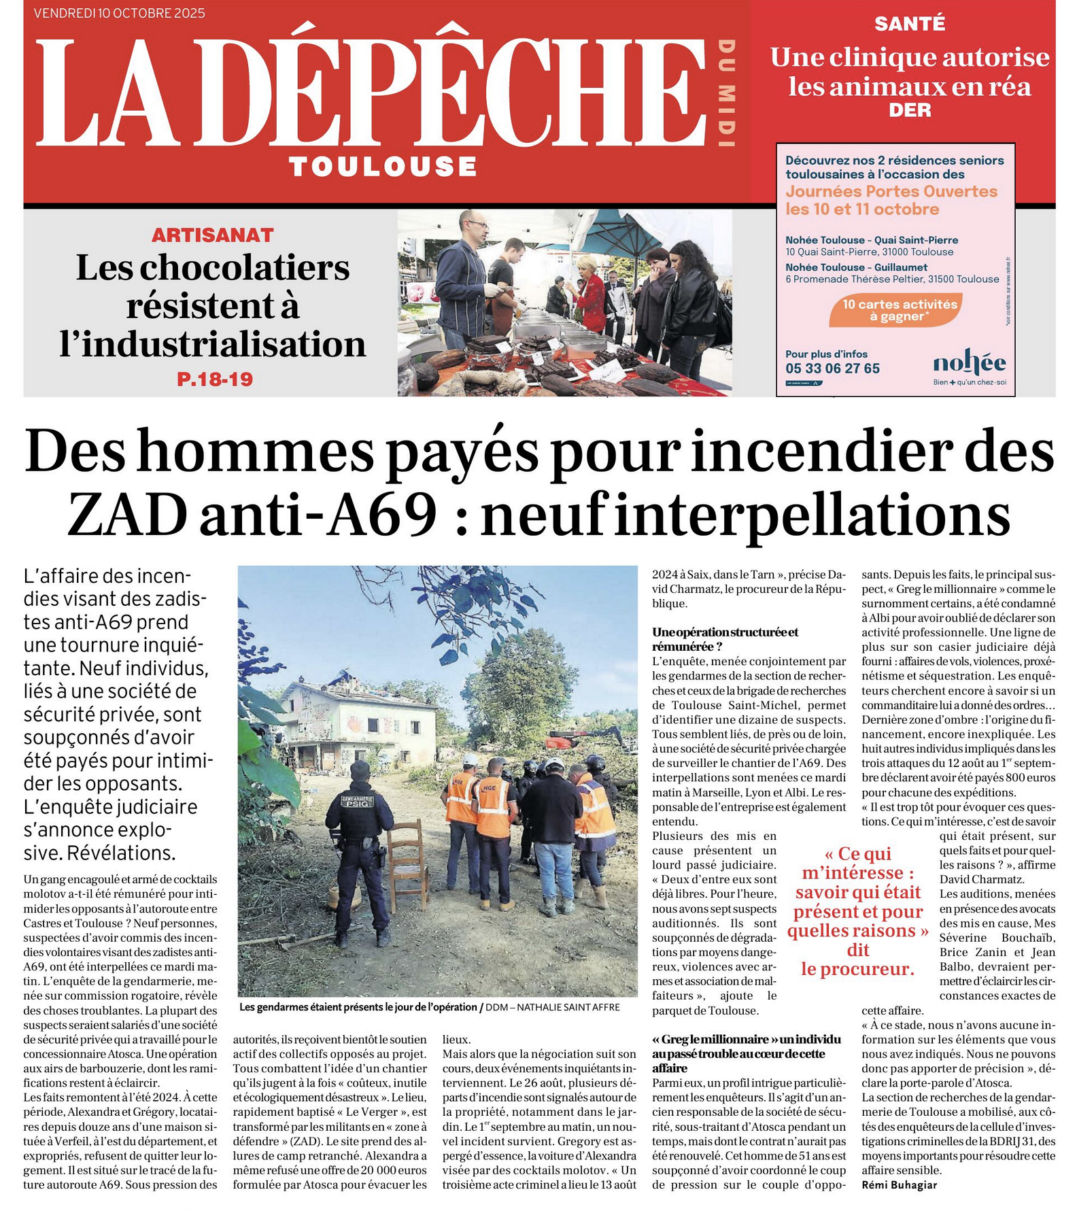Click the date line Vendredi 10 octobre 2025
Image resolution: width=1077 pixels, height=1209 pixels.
click(119, 13)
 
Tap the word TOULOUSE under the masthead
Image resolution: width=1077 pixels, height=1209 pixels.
click(383, 167)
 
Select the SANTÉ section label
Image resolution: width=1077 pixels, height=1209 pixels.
click(909, 24)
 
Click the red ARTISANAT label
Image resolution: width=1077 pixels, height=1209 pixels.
click(212, 235)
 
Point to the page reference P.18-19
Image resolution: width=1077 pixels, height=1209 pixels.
click(215, 379)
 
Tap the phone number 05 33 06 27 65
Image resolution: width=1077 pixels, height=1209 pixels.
click(832, 369)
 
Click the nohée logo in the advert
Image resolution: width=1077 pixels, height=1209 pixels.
click(969, 365)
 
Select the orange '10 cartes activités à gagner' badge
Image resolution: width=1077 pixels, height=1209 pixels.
click(900, 310)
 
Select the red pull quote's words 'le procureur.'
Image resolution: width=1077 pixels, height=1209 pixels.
click(857, 969)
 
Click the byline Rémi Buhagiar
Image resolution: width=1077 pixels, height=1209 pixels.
click(899, 1185)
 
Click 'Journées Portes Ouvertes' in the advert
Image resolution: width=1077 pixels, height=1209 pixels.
click(891, 192)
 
